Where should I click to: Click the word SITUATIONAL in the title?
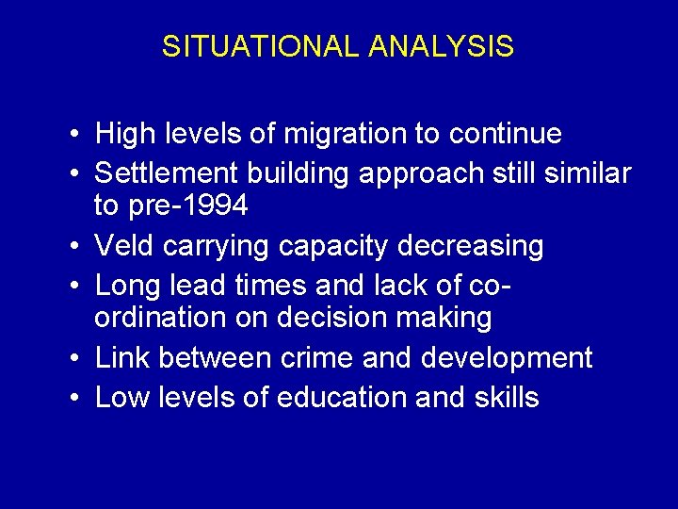pyautogui.click(x=261, y=47)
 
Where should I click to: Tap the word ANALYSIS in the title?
pyautogui.click(x=442, y=47)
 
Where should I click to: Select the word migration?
pyautogui.click(x=347, y=135)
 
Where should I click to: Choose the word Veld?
pyautogui.click(x=125, y=246)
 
